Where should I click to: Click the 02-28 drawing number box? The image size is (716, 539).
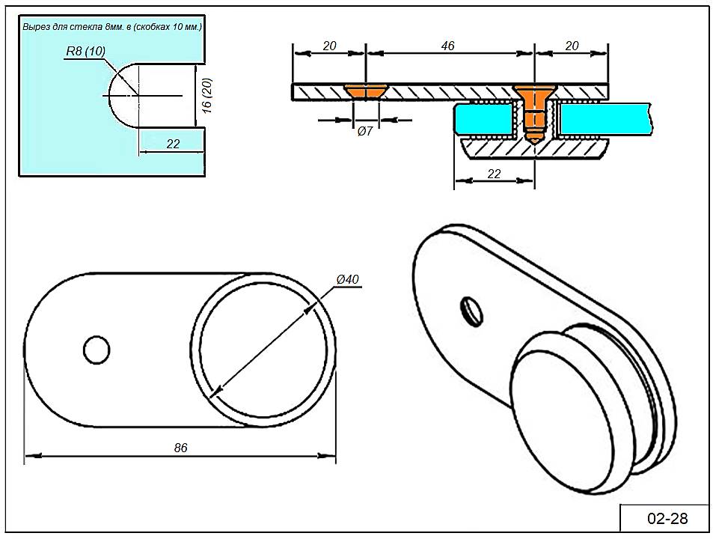tap(666, 518)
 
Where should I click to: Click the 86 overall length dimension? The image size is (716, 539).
tap(180, 448)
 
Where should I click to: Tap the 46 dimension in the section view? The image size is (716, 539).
tap(447, 46)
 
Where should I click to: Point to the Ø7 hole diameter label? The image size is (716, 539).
tap(365, 132)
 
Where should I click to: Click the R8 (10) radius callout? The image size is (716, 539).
tap(85, 50)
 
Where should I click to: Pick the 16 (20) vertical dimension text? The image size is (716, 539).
tap(208, 95)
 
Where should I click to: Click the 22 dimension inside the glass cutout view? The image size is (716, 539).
tap(173, 144)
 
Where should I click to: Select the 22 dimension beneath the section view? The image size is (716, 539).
tap(494, 174)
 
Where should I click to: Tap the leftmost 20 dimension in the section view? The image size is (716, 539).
tap(328, 46)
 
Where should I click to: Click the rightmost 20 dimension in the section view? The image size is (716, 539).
tap(572, 46)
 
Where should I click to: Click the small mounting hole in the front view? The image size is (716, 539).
tap(96, 349)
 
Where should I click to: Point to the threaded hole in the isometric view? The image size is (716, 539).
tap(471, 309)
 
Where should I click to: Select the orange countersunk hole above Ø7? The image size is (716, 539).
tap(365, 91)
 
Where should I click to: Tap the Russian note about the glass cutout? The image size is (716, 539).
tap(112, 27)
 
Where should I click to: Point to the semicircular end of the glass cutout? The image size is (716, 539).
tap(120, 95)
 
